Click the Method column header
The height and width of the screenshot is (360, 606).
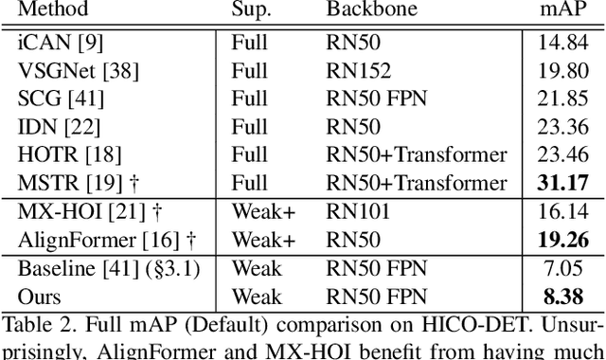pos(53,11)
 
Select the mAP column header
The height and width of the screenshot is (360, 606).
pos(566,11)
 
